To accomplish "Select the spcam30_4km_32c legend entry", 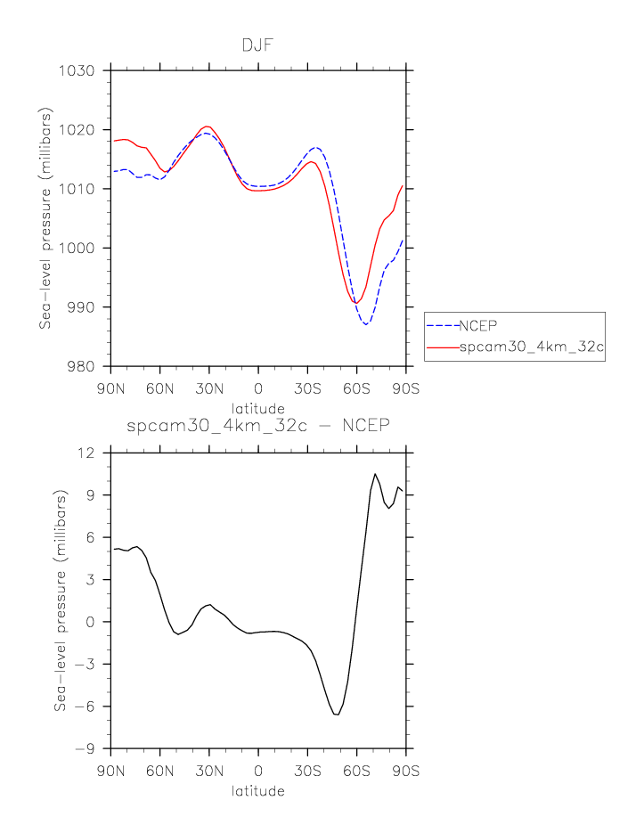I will point(531,347).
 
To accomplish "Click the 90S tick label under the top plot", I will point(406,390).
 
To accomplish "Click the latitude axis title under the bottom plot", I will point(257,791).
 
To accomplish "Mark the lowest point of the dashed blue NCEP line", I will point(365,324).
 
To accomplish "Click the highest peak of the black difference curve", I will point(375,474).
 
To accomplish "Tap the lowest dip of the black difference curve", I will point(337,715).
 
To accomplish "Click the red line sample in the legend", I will point(442,347).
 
